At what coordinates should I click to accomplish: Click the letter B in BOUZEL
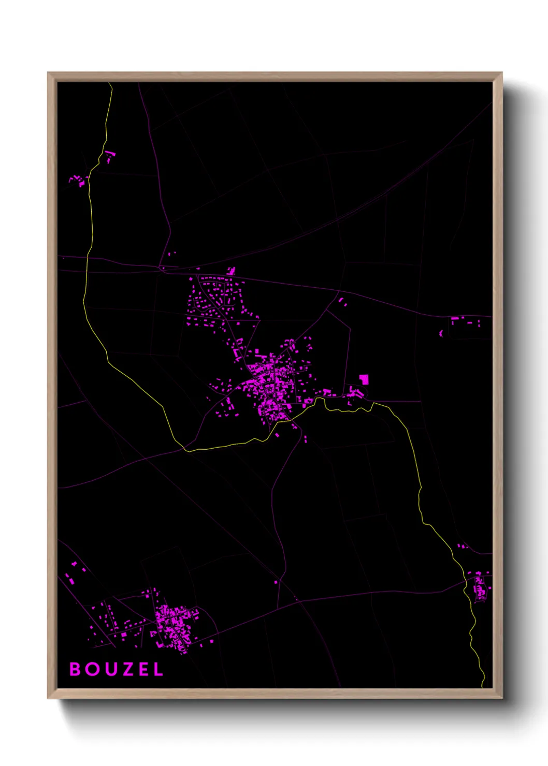[x=75, y=669]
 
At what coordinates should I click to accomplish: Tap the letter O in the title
[x=93, y=669]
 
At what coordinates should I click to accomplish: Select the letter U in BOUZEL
[x=111, y=669]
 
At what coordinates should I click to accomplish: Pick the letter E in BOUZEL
[x=143, y=669]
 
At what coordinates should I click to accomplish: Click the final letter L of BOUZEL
[x=158, y=669]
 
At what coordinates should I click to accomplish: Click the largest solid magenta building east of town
[x=364, y=379]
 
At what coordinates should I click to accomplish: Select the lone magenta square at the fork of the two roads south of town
[x=276, y=582]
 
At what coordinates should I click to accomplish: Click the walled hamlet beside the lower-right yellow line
[x=480, y=587]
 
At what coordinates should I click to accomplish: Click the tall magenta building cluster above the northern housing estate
[x=231, y=271]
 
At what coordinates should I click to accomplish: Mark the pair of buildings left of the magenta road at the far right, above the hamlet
[x=462, y=546]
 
